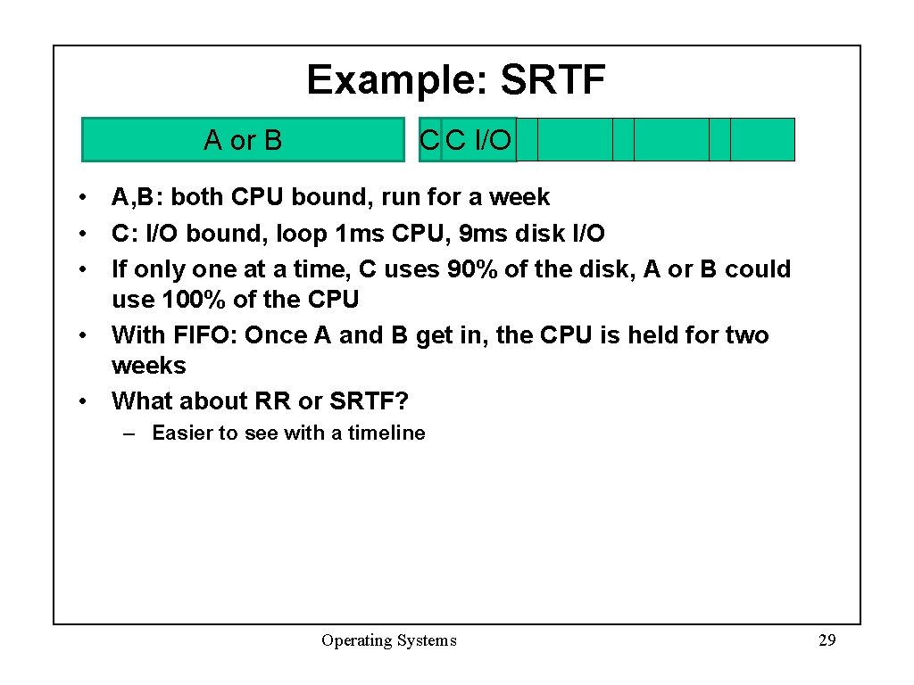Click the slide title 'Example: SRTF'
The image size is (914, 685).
click(x=456, y=80)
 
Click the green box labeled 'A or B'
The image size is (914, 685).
click(x=243, y=140)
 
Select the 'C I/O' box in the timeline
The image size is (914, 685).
click(x=478, y=140)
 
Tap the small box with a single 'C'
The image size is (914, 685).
click(x=429, y=140)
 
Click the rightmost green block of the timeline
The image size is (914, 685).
click(x=762, y=139)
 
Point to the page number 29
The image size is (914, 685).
click(x=827, y=640)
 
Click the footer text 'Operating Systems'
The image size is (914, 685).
click(x=388, y=640)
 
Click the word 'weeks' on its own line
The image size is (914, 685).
click(x=148, y=366)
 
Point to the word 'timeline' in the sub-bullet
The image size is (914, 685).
click(x=386, y=433)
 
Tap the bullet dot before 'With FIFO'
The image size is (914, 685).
click(x=82, y=336)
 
